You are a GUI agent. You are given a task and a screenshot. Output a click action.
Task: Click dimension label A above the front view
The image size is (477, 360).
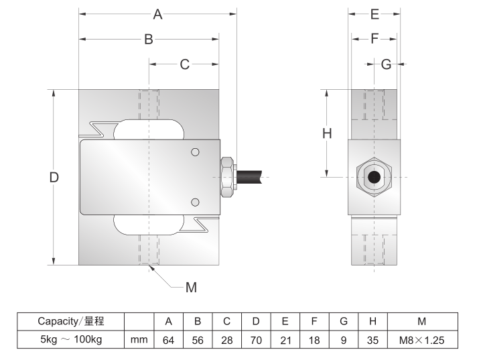(x=158, y=14)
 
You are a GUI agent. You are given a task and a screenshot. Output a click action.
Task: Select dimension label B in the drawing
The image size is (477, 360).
(x=149, y=40)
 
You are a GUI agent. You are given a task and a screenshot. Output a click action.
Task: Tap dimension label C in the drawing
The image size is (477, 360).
(x=184, y=64)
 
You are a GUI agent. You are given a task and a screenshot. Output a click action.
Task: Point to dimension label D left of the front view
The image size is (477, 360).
(x=55, y=178)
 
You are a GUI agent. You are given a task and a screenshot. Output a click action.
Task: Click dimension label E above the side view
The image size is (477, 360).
(x=374, y=14)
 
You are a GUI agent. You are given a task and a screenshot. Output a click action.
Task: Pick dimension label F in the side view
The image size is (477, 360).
(x=374, y=39)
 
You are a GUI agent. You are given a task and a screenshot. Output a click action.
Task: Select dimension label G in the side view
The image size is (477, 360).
(x=386, y=64)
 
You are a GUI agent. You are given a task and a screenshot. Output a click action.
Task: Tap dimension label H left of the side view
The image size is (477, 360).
(x=327, y=133)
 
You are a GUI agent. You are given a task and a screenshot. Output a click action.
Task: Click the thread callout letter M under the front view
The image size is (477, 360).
(x=191, y=288)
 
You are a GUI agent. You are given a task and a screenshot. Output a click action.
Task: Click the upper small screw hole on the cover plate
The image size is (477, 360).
(x=195, y=152)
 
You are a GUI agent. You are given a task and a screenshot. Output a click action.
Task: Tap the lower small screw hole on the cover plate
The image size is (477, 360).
(x=195, y=202)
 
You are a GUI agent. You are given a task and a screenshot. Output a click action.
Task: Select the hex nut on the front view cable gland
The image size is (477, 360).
(x=227, y=178)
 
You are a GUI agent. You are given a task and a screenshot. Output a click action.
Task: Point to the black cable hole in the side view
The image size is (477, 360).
(x=374, y=178)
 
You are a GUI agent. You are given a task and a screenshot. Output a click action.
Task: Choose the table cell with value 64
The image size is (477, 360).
(x=169, y=341)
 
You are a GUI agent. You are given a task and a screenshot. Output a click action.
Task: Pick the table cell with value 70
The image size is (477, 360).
(x=256, y=341)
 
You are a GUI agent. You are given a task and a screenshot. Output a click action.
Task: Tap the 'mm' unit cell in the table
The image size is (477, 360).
(x=139, y=341)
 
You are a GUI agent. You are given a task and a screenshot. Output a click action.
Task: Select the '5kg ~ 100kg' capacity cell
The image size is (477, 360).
(x=70, y=341)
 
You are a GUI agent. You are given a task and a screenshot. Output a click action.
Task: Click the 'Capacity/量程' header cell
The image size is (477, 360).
(x=70, y=321)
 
